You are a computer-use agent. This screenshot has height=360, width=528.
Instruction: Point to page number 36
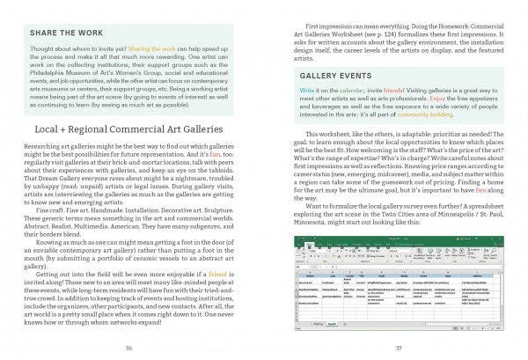coord(128,348)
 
